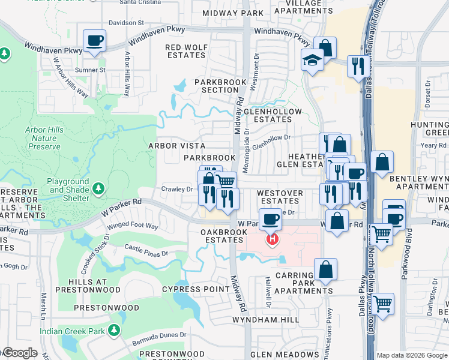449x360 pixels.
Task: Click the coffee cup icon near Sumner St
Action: tap(95, 41)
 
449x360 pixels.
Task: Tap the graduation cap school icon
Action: tap(312, 59)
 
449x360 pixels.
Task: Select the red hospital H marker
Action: tap(273, 240)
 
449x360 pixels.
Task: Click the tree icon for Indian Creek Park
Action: tap(114, 330)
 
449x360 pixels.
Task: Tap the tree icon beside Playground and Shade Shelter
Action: tap(98, 189)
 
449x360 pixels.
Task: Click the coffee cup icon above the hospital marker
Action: tap(270, 219)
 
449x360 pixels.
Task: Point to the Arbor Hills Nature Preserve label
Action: tap(43, 138)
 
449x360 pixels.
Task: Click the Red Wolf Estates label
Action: tap(186, 51)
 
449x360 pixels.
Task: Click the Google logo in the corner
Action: tap(19, 353)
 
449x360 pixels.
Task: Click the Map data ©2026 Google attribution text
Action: tap(412, 355)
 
